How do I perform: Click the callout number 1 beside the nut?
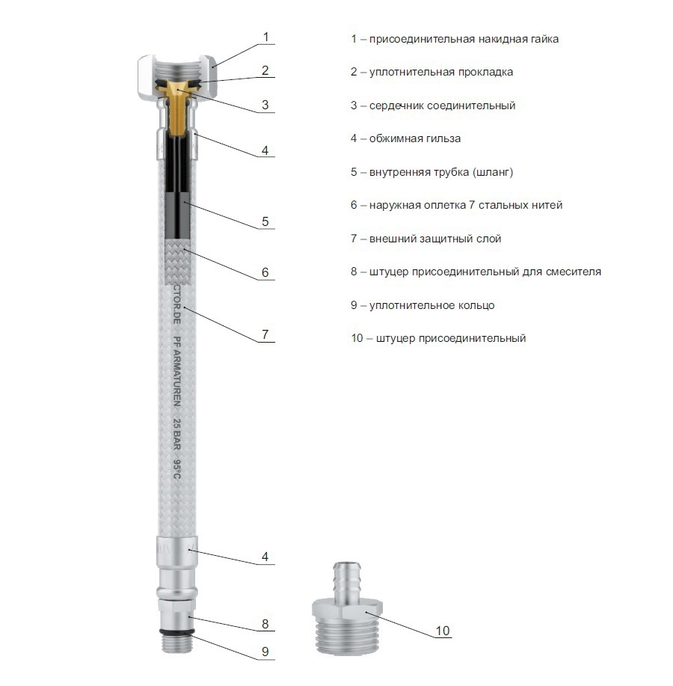265,37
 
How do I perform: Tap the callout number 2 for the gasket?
265,70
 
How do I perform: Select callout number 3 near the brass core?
265,105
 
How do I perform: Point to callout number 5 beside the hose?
265,221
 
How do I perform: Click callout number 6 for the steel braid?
265,272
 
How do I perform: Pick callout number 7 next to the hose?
265,334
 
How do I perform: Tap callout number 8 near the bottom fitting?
265,624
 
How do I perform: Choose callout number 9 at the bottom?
265,652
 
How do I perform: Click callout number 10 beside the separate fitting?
443,631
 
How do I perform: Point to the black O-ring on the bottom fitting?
176,631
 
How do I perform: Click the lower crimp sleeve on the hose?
176,551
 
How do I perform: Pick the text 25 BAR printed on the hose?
176,434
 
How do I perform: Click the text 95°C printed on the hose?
176,468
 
